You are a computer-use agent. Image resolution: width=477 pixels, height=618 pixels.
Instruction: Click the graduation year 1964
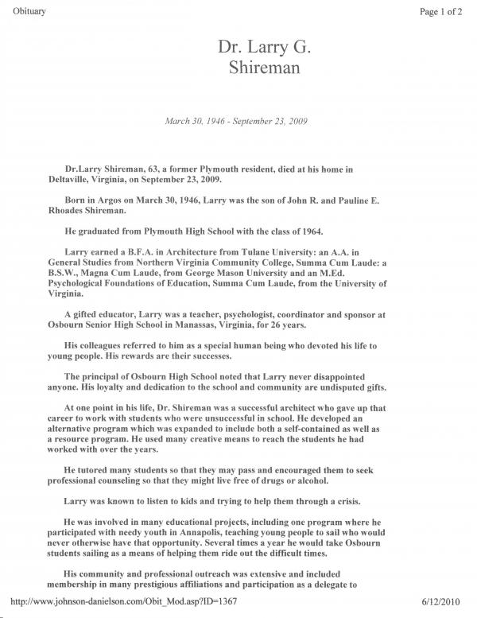[x=308, y=231]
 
